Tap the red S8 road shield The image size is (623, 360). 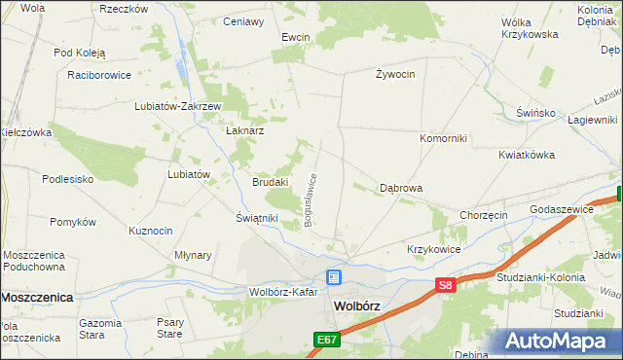[x=445, y=285]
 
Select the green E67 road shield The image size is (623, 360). [x=326, y=339]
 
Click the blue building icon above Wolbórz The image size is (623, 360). [x=333, y=277]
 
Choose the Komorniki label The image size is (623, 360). [x=443, y=138]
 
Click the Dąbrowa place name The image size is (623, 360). [x=400, y=188]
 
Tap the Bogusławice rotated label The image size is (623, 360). [x=311, y=200]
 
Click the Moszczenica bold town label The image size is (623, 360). [x=38, y=297]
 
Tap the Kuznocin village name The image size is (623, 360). [x=151, y=231]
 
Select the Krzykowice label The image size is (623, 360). [x=433, y=249]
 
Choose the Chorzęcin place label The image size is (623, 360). [x=484, y=215]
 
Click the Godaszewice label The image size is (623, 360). [x=562, y=209]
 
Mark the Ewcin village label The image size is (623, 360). [x=295, y=37]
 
